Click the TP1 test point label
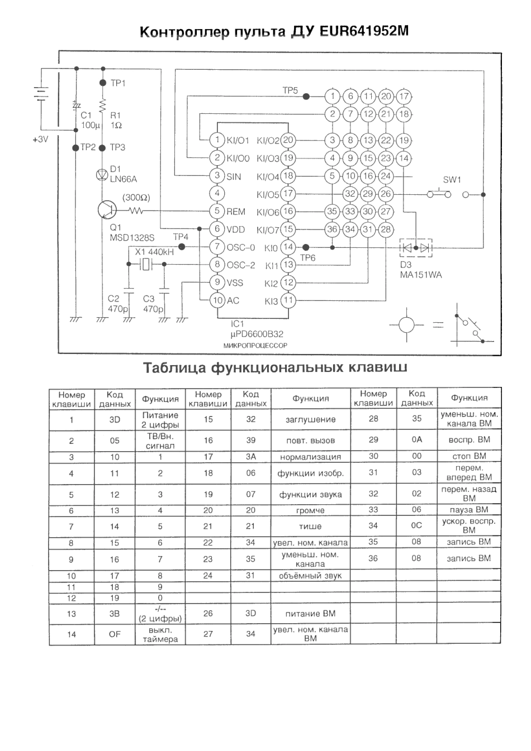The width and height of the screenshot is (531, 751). point(118,83)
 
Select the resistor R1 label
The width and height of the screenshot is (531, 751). point(116,116)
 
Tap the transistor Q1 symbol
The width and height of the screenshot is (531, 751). point(106,210)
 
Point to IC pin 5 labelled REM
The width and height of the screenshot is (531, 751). point(217,212)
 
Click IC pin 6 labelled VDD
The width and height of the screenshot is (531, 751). point(217,229)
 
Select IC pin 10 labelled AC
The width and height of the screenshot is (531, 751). point(217,300)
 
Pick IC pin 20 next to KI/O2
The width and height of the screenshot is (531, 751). point(287,141)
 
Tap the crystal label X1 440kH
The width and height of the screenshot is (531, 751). point(154,252)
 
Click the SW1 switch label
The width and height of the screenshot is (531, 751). point(452,180)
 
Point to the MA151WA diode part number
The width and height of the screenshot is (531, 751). point(420,275)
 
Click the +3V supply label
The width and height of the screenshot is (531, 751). point(40,140)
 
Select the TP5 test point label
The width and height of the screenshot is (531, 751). point(290,90)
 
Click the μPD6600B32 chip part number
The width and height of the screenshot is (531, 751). point(257,334)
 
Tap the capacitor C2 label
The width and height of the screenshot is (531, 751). point(113,299)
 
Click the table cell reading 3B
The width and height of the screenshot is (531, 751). point(115,614)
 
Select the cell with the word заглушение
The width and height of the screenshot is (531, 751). point(311,419)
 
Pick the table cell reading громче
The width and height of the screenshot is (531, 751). point(311,510)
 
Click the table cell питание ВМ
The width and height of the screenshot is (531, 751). point(311,614)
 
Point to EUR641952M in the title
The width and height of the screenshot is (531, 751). point(364,31)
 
